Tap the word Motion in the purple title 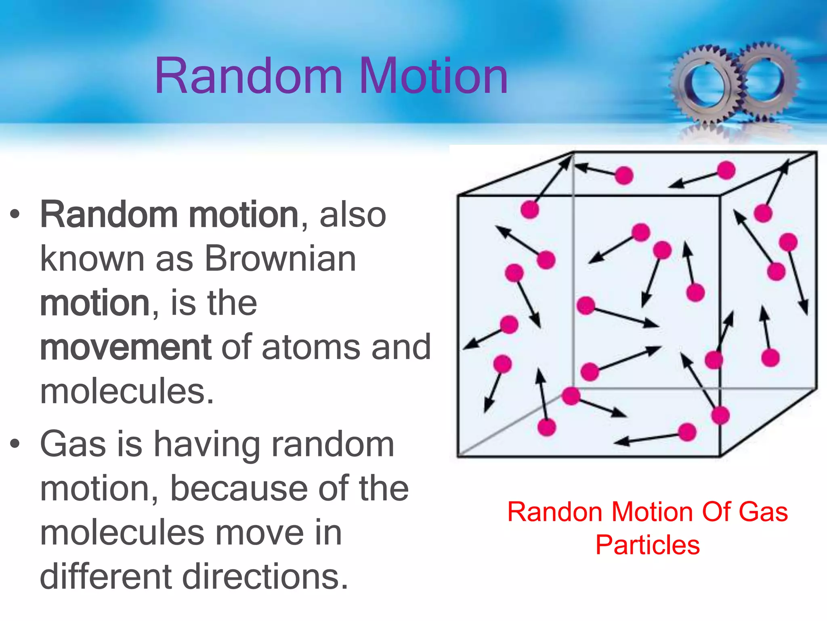[433, 76]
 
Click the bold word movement [125, 347]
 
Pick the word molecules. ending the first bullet [127, 391]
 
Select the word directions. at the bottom [265, 577]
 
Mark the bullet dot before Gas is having [15, 444]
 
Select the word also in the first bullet [353, 215]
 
